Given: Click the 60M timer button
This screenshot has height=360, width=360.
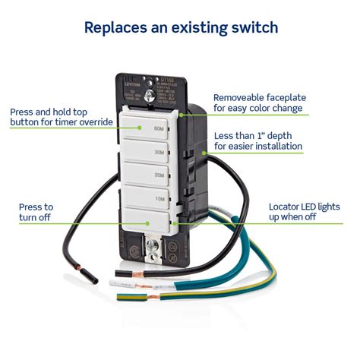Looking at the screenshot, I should pyautogui.click(x=148, y=129).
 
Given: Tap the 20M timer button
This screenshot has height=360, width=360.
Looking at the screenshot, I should pyautogui.click(x=148, y=175).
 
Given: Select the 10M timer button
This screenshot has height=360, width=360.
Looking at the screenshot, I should pyautogui.click(x=148, y=198).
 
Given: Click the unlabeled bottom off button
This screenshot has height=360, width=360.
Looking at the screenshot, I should pyautogui.click(x=148, y=223).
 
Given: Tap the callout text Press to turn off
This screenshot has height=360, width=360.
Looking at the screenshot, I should pyautogui.click(x=36, y=212).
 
